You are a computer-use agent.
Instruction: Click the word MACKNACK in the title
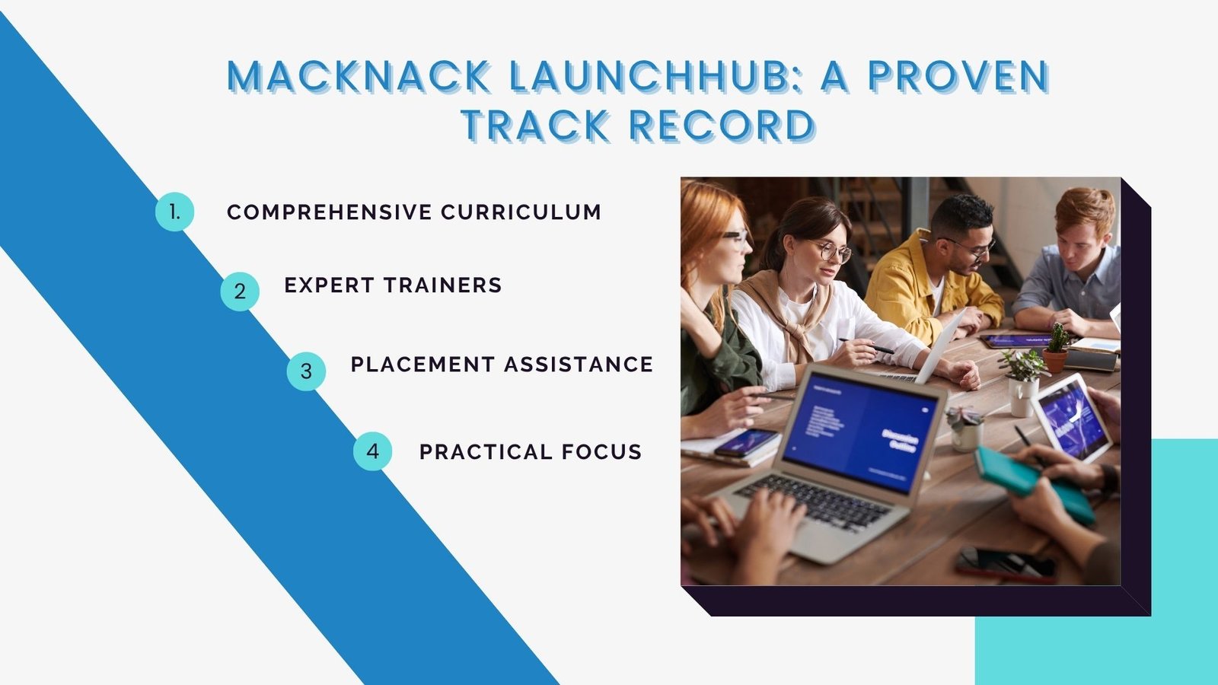(x=359, y=76)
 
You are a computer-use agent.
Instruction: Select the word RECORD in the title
(x=722, y=126)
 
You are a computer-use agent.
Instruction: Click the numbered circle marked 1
(x=174, y=212)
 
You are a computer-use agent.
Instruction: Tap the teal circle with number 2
(x=240, y=292)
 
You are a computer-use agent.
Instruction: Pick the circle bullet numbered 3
(x=306, y=371)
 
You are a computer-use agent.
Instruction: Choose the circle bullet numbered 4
(x=372, y=451)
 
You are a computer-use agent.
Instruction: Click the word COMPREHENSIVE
(x=330, y=212)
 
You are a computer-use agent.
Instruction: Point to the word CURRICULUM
(x=521, y=212)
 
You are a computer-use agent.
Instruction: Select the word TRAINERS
(x=442, y=285)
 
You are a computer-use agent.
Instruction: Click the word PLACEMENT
(x=422, y=365)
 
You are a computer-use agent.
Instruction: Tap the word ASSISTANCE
(x=579, y=365)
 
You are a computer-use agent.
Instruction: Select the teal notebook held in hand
(x=1033, y=484)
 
